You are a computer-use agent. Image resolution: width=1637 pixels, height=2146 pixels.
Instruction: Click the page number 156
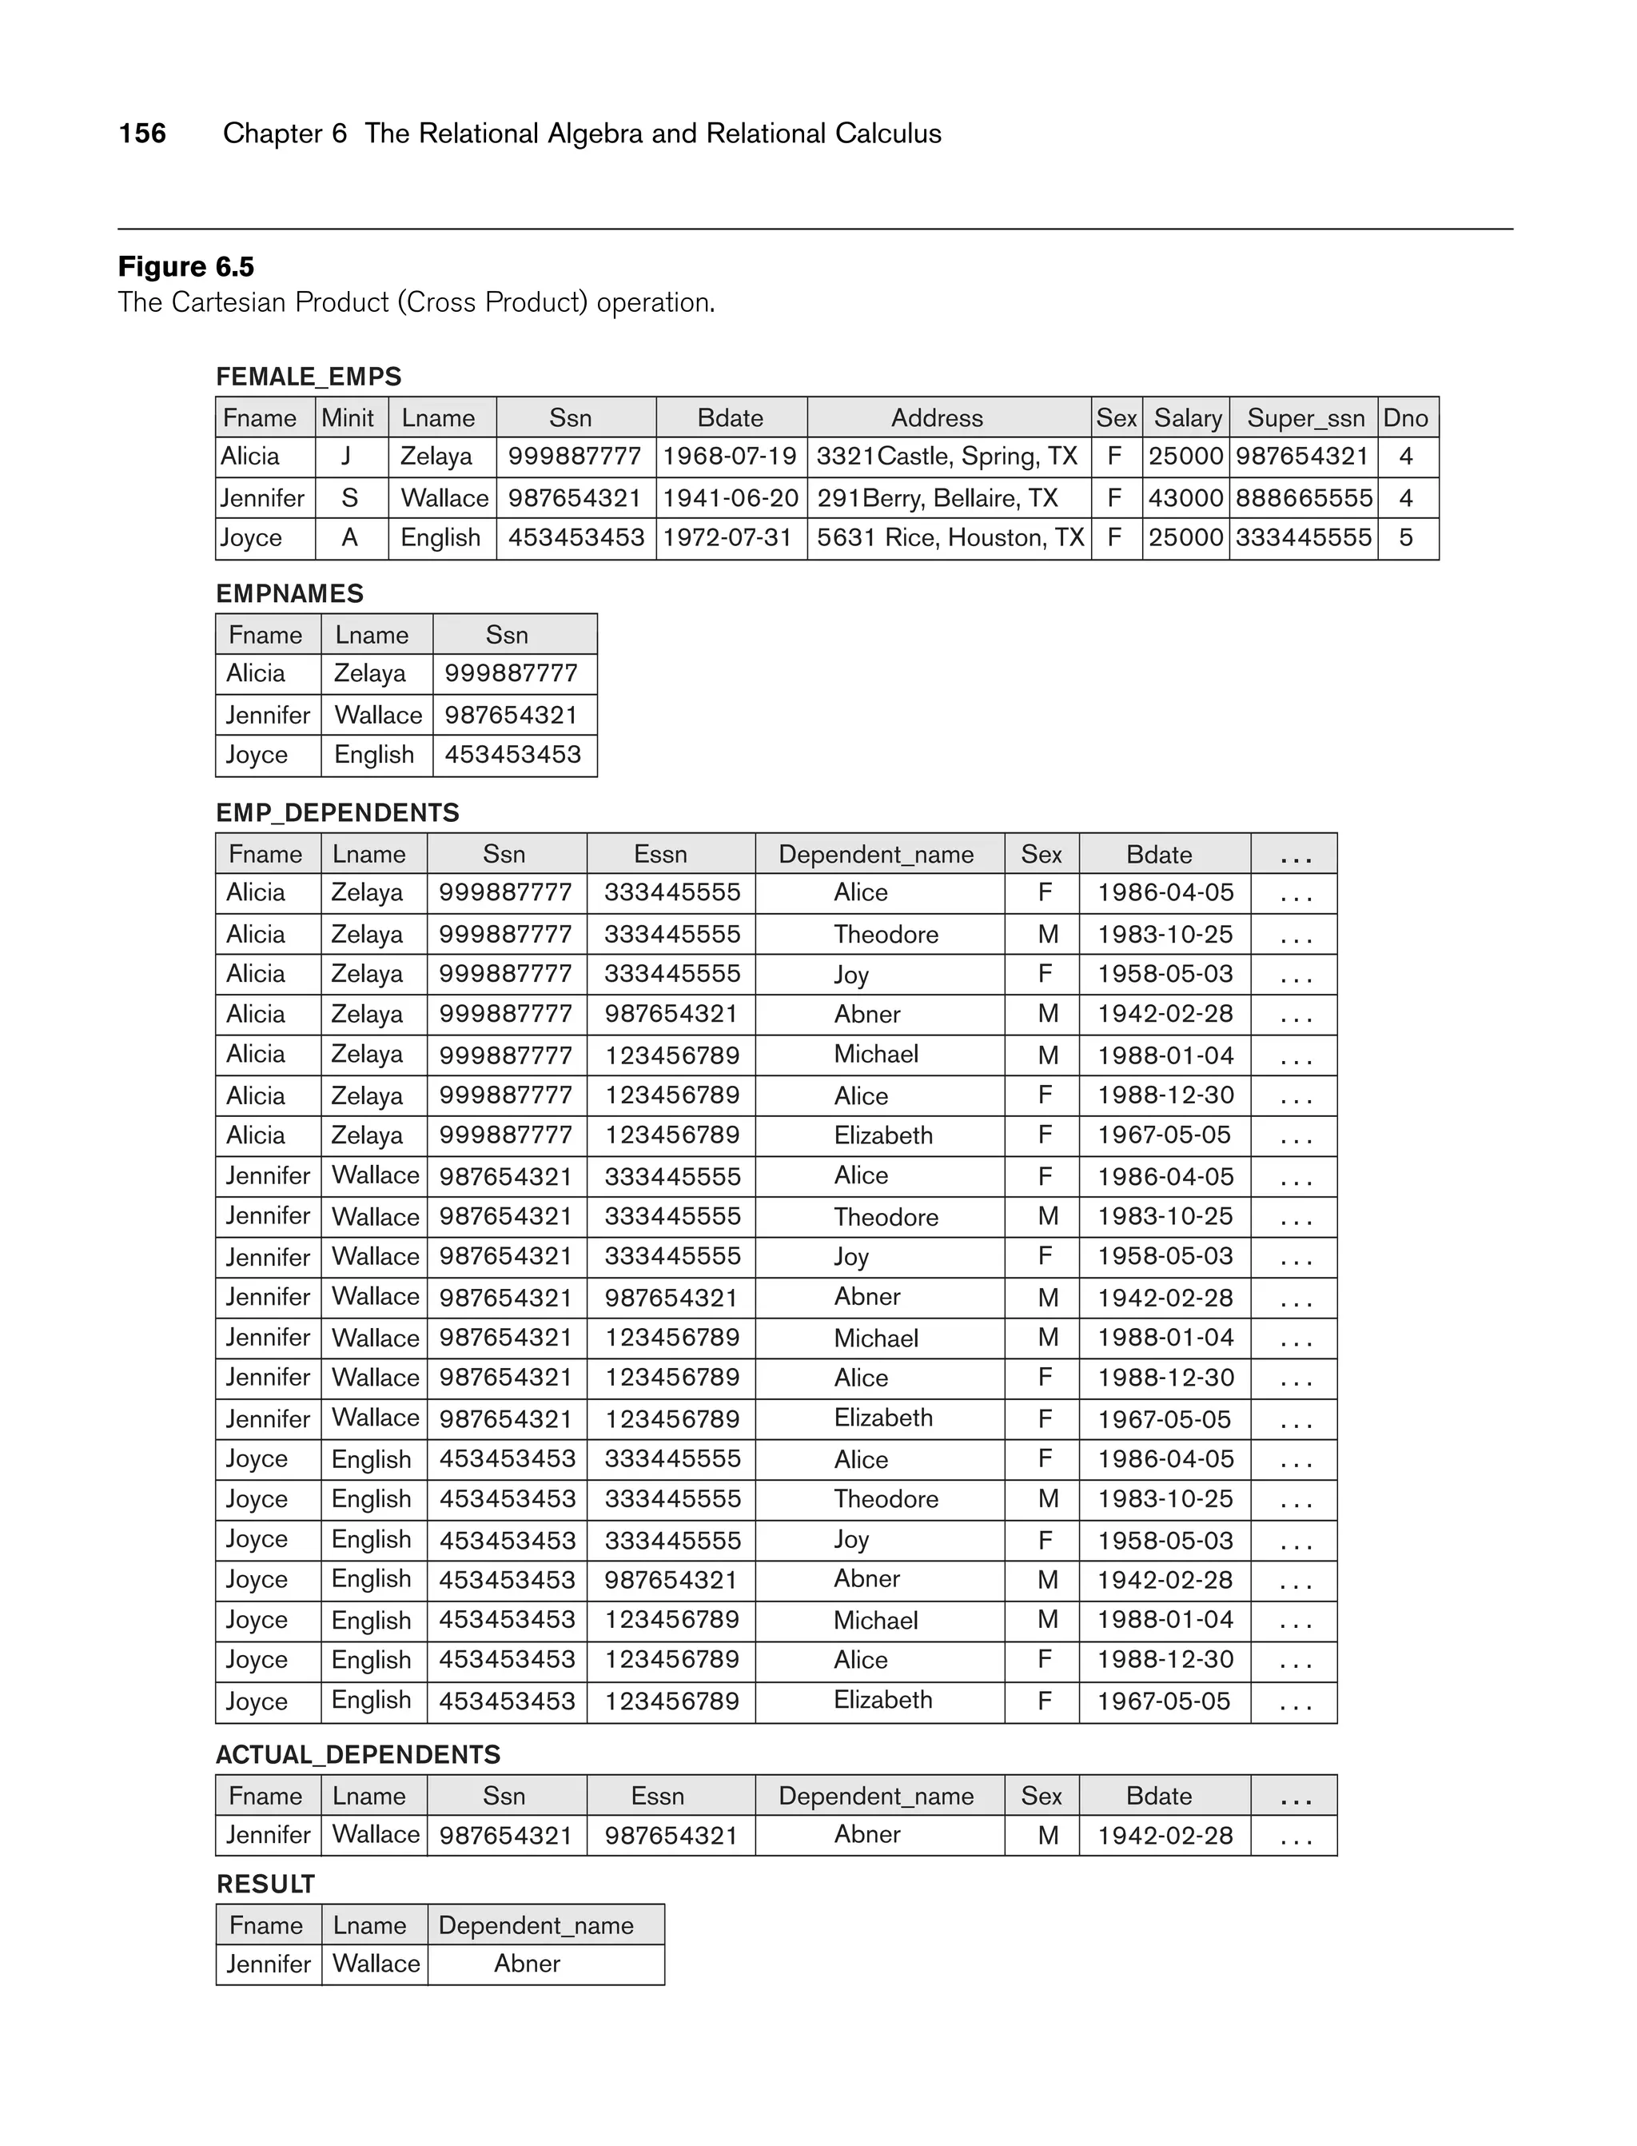(142, 134)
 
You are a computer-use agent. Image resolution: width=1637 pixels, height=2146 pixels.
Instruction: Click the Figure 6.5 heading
(186, 266)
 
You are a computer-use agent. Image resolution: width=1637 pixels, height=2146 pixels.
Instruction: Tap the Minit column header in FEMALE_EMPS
(348, 418)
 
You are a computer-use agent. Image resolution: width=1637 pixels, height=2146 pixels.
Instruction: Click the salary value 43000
(1185, 498)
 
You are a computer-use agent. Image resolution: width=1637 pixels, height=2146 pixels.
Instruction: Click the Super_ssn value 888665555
(1303, 498)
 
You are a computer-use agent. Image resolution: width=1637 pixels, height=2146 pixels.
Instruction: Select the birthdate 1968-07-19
(730, 456)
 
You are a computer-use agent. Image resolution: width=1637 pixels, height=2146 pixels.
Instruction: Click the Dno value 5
(1405, 538)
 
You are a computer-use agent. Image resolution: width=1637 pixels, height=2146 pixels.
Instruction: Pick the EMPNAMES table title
(289, 593)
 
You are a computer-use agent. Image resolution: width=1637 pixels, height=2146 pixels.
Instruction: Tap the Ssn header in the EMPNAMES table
(507, 636)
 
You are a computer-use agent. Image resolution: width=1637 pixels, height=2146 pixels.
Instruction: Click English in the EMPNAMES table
(374, 756)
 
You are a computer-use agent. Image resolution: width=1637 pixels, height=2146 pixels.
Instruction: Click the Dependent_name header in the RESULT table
(536, 1926)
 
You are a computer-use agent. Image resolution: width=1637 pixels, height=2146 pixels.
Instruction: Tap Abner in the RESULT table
(528, 1964)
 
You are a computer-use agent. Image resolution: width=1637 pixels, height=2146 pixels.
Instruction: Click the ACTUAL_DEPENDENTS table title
(357, 1754)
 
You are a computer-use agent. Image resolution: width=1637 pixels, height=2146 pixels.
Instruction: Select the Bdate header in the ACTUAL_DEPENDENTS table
(1158, 1796)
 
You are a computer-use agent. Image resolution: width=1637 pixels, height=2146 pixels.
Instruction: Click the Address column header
(937, 418)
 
